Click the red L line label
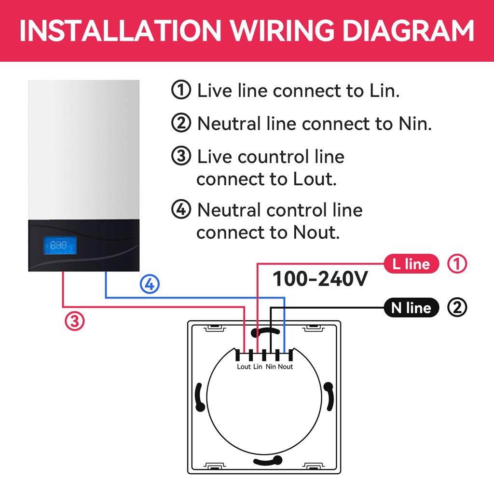point(411,263)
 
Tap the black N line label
point(411,307)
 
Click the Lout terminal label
point(244,367)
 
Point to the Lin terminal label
point(258,367)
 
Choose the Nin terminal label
point(271,367)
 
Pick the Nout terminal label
point(286,367)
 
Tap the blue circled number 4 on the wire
point(150,285)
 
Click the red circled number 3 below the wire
point(75,320)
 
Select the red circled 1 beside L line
point(457,263)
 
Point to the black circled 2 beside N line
point(457,307)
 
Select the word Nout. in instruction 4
point(316,233)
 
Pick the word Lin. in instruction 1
point(384,91)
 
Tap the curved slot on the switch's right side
point(329,397)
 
